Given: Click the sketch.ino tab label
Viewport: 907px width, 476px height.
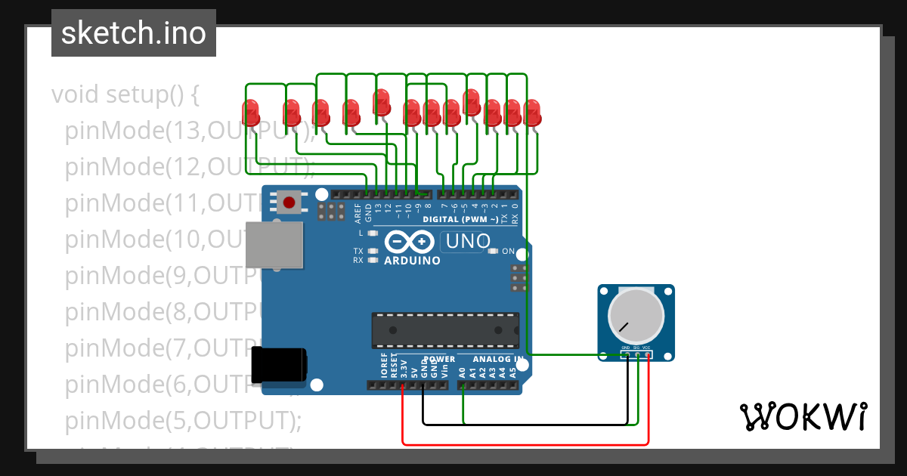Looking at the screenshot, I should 134,33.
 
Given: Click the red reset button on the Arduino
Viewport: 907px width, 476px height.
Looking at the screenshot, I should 289,202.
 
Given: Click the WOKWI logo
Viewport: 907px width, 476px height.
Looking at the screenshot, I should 803,416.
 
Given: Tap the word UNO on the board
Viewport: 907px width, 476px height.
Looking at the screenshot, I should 469,243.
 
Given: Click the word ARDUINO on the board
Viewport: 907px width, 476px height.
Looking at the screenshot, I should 412,261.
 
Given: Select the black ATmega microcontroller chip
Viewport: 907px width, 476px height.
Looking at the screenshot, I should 445,329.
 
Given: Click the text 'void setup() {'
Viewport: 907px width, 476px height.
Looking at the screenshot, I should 125,95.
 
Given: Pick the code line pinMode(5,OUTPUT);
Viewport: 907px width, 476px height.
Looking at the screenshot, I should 183,420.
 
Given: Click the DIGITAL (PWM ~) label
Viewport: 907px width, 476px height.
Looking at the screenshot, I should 460,220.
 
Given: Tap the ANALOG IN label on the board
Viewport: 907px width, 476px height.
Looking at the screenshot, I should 497,360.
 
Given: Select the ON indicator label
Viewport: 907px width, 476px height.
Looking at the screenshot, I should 508,252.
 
